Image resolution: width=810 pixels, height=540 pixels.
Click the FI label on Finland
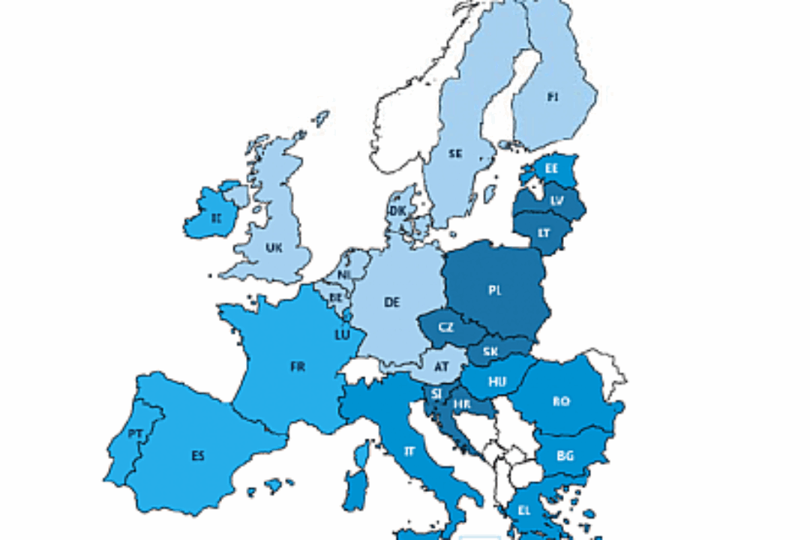[553, 97]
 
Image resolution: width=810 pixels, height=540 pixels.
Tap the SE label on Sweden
[455, 154]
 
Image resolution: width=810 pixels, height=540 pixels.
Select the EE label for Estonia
[551, 169]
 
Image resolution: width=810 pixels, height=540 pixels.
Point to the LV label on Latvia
[556, 201]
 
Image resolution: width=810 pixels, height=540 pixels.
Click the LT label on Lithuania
[544, 233]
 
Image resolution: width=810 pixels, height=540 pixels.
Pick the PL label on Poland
[494, 290]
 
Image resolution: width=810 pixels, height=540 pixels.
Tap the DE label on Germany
[391, 302]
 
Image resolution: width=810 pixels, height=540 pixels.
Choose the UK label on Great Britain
[274, 247]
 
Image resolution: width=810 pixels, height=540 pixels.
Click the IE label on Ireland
[216, 219]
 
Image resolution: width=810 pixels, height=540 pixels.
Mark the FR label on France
[298, 367]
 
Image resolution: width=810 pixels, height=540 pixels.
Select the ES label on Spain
[197, 455]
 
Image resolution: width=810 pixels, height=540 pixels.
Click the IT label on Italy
[409, 451]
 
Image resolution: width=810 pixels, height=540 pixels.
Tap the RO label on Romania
[561, 401]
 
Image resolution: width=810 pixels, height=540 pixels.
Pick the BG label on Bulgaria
[565, 454]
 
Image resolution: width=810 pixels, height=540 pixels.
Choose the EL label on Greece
[525, 510]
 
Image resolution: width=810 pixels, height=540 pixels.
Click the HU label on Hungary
[497, 382]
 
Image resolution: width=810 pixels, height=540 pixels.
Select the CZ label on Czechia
[445, 328]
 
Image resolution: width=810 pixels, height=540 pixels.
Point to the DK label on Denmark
[397, 211]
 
